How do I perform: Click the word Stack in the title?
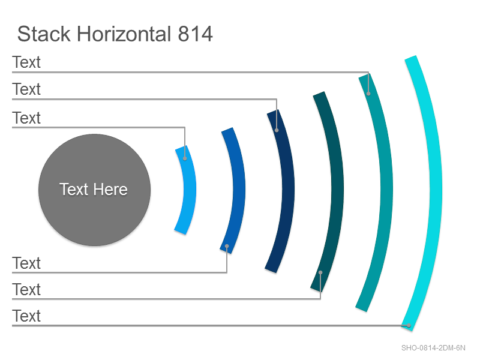(44, 34)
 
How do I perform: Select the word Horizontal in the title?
(124, 34)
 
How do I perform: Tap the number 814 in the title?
(196, 34)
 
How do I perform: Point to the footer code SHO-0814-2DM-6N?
(433, 348)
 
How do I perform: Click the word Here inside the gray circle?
(110, 189)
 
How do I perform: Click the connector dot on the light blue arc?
(185, 158)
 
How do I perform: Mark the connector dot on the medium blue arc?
(227, 246)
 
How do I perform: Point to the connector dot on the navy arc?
(277, 130)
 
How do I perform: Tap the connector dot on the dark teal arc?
(320, 272)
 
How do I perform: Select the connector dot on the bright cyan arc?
(409, 325)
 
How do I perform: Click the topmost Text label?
(26, 62)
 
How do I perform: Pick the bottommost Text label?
(26, 316)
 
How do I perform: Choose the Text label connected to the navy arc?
(26, 89)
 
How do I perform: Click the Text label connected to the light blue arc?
(26, 118)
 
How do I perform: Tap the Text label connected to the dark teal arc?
(26, 290)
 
